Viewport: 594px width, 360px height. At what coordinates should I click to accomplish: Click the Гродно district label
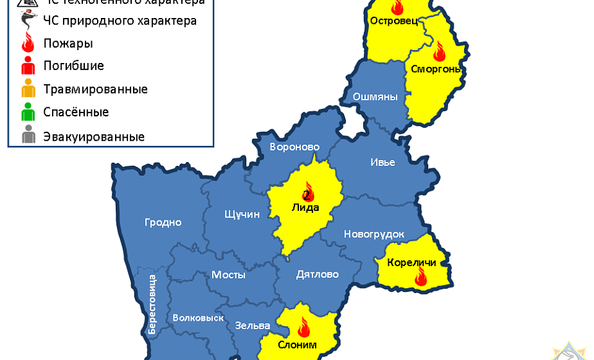click(x=163, y=222)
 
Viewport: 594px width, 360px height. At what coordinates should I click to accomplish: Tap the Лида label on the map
click(x=306, y=207)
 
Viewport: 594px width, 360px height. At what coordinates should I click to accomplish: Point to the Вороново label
click(x=294, y=147)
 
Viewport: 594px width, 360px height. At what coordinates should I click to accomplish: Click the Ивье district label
click(x=382, y=162)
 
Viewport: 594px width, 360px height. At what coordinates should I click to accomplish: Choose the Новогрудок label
click(x=374, y=234)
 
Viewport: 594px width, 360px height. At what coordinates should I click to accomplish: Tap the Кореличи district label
click(x=412, y=262)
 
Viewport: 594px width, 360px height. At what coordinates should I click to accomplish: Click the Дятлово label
click(x=317, y=274)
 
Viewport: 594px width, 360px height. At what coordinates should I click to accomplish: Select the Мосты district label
click(x=228, y=274)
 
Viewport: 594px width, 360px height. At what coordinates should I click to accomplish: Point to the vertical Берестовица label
click(x=152, y=304)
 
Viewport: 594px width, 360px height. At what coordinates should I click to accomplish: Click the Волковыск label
click(x=198, y=318)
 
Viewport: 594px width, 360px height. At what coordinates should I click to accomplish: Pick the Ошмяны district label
click(x=375, y=97)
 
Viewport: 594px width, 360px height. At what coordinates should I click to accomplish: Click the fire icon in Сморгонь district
click(x=440, y=50)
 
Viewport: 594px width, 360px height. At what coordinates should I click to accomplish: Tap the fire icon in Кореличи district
click(x=421, y=277)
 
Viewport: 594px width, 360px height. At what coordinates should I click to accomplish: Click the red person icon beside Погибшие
click(x=28, y=66)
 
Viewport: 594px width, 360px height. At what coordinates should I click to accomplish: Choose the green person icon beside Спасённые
click(x=28, y=113)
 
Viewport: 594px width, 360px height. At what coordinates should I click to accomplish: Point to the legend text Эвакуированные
click(x=94, y=137)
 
